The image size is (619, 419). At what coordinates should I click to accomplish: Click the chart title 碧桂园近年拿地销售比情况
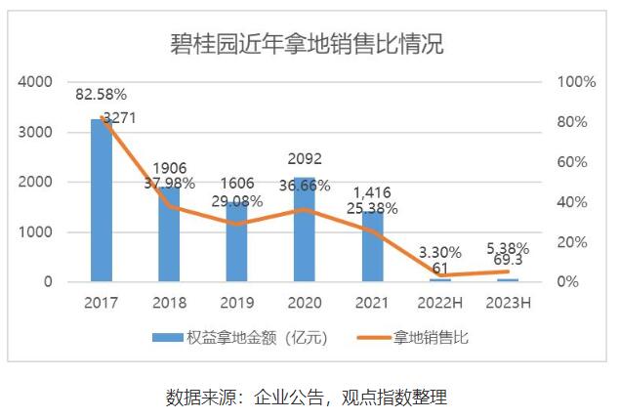click(308, 44)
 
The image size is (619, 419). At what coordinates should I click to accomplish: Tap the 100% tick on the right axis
click(575, 82)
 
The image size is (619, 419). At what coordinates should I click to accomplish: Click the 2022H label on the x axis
click(440, 302)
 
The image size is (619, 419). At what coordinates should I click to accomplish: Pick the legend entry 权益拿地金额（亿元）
click(239, 338)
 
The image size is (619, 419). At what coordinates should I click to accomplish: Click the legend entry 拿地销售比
click(430, 338)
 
